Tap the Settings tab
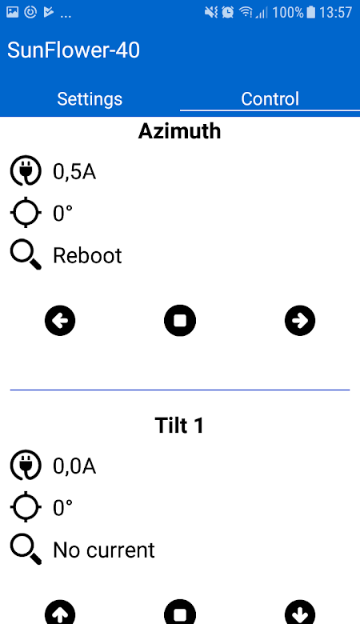pyautogui.click(x=90, y=98)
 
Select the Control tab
pyautogui.click(x=270, y=98)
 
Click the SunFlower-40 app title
pyautogui.click(x=74, y=50)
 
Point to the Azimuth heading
pyautogui.click(x=179, y=131)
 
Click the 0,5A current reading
pyautogui.click(x=74, y=172)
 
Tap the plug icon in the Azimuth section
pyautogui.click(x=26, y=171)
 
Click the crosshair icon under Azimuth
pyautogui.click(x=26, y=212)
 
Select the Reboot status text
pyautogui.click(x=87, y=256)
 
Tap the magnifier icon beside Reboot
pyautogui.click(x=26, y=254)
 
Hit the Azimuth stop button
pyautogui.click(x=180, y=321)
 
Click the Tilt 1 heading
pyautogui.click(x=179, y=426)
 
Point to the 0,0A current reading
pyautogui.click(x=74, y=466)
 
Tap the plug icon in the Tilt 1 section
pyautogui.click(x=26, y=466)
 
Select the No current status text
pyautogui.click(x=104, y=550)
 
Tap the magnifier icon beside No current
pyautogui.click(x=26, y=549)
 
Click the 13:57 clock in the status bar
pyautogui.click(x=335, y=13)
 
